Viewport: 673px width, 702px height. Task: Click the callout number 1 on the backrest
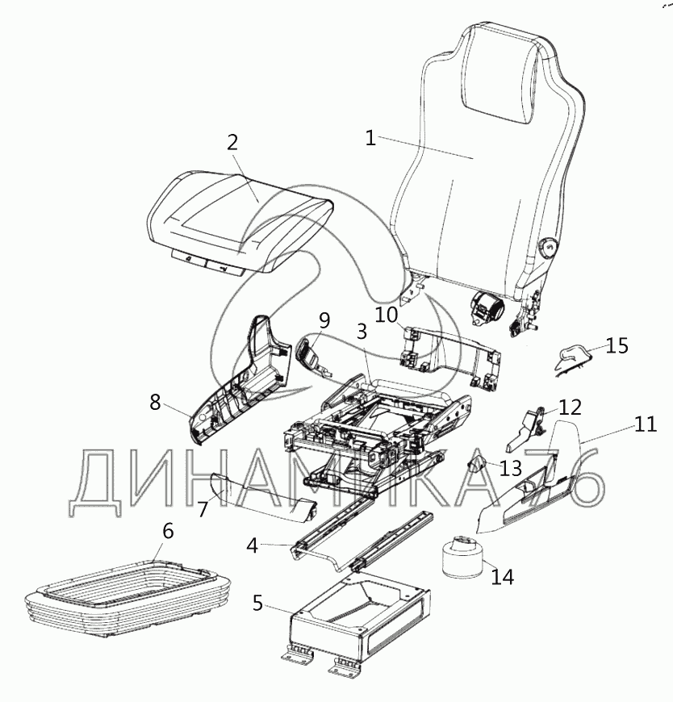click(x=370, y=138)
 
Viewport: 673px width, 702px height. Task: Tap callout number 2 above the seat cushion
click(x=232, y=143)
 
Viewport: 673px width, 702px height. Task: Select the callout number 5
click(x=257, y=603)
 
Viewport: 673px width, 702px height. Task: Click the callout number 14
click(x=502, y=577)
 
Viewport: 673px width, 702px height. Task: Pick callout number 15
click(x=617, y=346)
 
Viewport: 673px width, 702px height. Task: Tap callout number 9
click(x=323, y=320)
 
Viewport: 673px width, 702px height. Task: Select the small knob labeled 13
click(x=476, y=464)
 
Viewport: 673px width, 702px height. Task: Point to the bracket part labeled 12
click(x=526, y=429)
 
